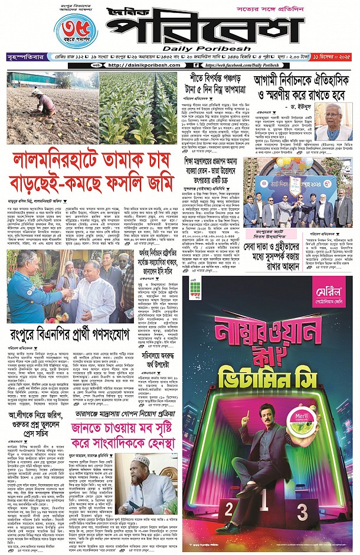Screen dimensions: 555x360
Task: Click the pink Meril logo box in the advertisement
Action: [x=329, y=294]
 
